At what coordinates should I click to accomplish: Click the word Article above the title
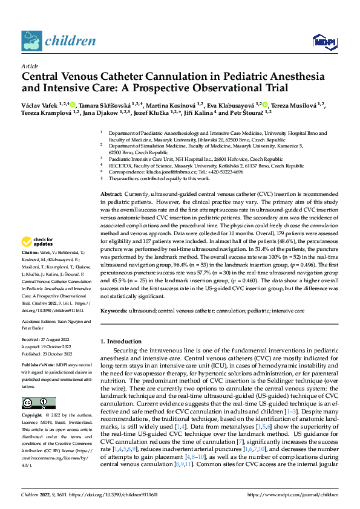pos(30,67)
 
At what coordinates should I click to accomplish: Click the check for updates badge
pos(39,241)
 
